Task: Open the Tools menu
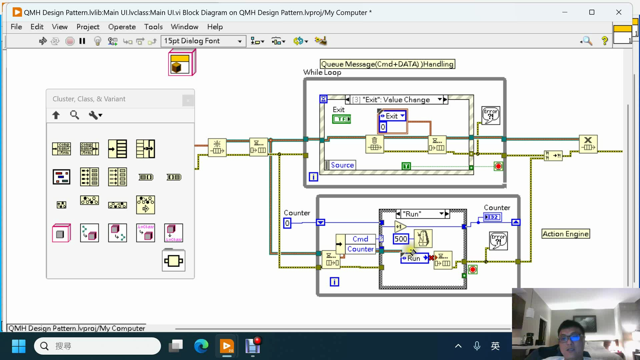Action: pos(153,27)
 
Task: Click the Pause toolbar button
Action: pos(82,41)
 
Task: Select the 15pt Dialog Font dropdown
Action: pos(203,41)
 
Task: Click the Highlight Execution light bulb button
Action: pos(97,41)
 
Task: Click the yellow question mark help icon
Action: pos(604,41)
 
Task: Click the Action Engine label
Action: pos(565,234)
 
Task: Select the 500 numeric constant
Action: pos(400,239)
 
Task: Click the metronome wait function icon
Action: pos(423,239)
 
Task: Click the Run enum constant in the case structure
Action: pos(414,258)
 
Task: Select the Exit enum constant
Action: pos(392,116)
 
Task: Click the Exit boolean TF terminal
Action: pos(342,119)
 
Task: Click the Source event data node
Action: pos(342,165)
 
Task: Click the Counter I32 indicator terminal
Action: pos(492,217)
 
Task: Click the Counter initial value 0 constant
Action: pos(287,223)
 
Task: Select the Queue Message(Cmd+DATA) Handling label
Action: pos(387,64)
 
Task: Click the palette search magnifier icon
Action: pos(74,115)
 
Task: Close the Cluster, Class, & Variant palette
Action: pos(188,100)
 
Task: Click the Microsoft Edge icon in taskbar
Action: pos(201,346)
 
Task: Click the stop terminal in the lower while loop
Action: pos(473,269)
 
